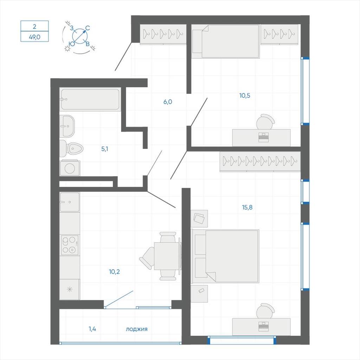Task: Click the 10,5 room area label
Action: coord(245,95)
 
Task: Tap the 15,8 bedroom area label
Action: coord(247,207)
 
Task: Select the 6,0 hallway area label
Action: coord(168,102)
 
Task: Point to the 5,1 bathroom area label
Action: coord(105,149)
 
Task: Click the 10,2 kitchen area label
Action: coord(116,271)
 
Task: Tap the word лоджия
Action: coord(136,329)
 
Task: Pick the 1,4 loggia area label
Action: coord(92,329)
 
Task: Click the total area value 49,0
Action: coord(34,37)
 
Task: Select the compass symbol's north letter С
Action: coord(88,28)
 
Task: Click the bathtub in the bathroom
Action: coord(90,99)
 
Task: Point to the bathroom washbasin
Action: coord(67,126)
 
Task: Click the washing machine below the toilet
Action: coord(70,168)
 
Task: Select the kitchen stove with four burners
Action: coord(69,245)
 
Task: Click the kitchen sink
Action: coord(69,202)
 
